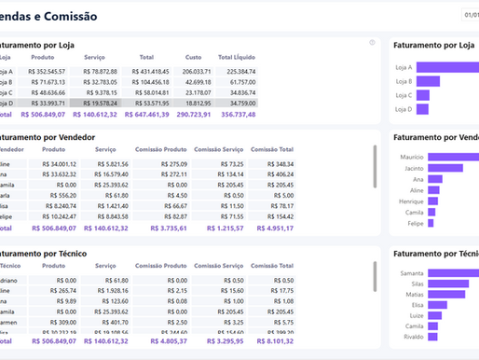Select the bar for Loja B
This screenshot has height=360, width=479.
427,81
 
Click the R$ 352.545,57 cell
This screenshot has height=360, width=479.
47,71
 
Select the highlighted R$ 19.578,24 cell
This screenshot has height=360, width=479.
99,104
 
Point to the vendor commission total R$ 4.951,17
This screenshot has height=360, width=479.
271,227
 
